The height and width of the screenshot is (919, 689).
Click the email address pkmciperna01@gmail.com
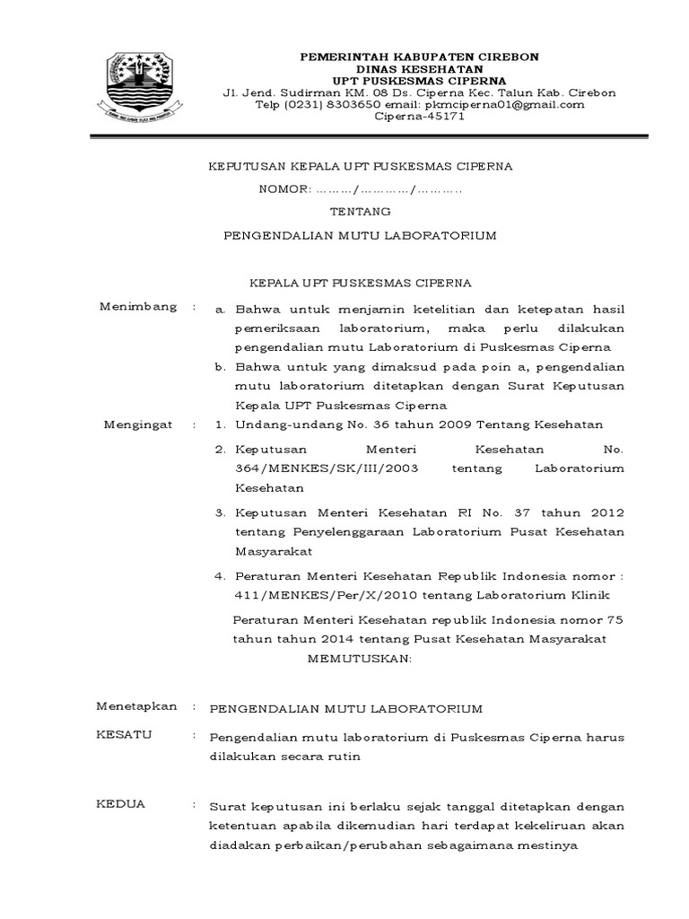pyautogui.click(x=507, y=104)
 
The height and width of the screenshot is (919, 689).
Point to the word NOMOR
pyautogui.click(x=283, y=189)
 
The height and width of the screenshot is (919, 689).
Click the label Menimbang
pyautogui.click(x=137, y=308)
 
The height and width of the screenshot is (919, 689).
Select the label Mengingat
pyautogui.click(x=138, y=424)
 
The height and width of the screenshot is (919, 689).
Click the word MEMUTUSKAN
pyautogui.click(x=360, y=660)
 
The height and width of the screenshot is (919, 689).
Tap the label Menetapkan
pyautogui.click(x=136, y=707)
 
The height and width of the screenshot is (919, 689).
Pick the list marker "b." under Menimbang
pyautogui.click(x=220, y=367)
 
